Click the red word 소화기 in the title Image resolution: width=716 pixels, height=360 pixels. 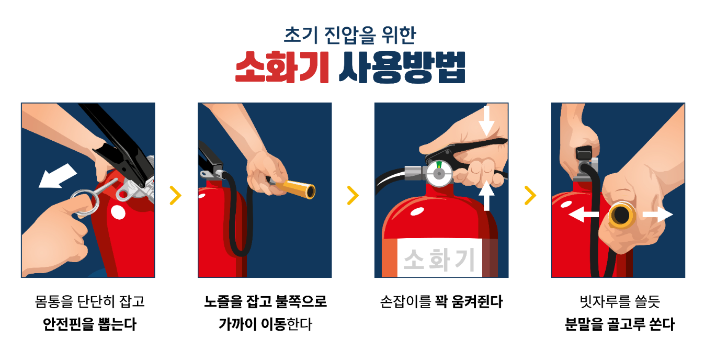pos(282,67)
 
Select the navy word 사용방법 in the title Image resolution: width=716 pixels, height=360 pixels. pos(402,67)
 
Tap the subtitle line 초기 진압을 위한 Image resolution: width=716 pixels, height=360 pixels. pos(350,35)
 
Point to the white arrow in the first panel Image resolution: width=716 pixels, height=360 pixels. pos(58,176)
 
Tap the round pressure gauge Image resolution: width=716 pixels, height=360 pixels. pos(439,174)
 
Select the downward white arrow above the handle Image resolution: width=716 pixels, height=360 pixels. pos(486,121)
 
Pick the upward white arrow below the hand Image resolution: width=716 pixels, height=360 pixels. pos(486,195)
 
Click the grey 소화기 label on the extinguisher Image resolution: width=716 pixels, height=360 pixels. pos(439,260)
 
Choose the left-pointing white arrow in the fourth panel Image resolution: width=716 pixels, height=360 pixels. pos(584,214)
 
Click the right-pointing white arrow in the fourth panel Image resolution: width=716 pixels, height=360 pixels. pos(658,214)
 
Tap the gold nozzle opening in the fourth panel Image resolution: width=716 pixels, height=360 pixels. pos(622,215)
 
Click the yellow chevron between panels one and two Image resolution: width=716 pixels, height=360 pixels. pos(176,195)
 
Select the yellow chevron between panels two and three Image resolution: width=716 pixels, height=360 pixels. pos(353,195)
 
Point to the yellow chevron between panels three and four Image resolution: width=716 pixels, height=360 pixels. pos(530,195)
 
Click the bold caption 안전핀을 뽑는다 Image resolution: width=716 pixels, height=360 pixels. pos(89,324)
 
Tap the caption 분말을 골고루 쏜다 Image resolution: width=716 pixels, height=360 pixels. pos(619,324)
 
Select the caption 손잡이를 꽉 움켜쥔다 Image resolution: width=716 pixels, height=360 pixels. pos(441,301)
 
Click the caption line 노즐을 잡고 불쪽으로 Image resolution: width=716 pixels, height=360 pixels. pos(265,301)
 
